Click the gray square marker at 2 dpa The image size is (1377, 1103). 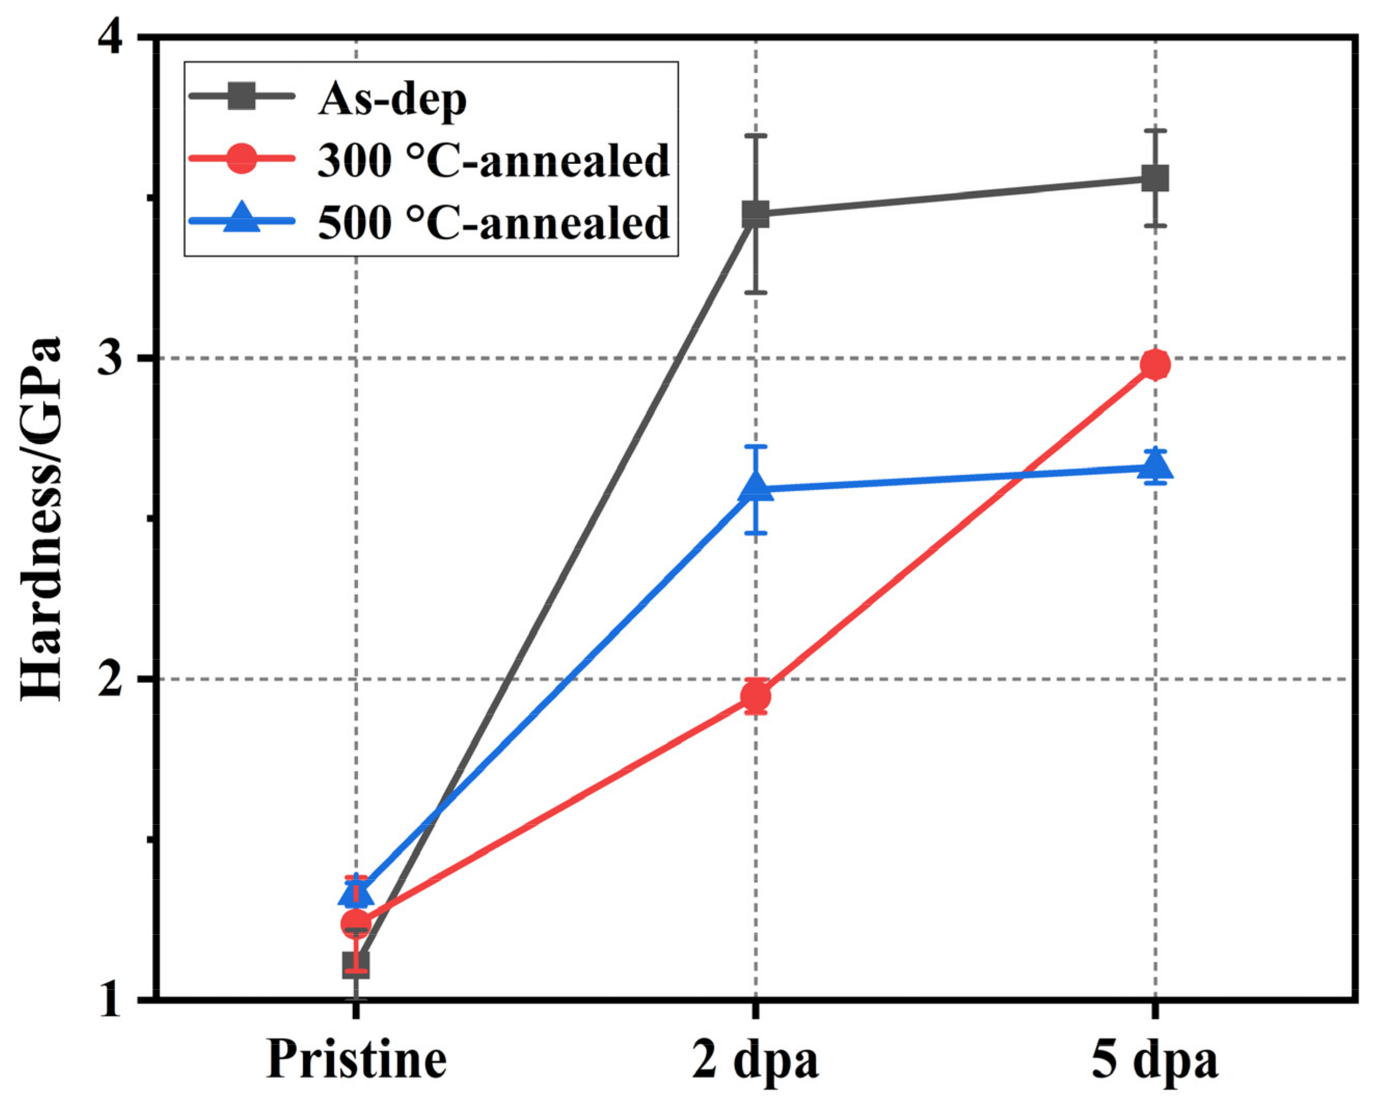pos(755,214)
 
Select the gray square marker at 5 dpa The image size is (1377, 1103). pos(1155,178)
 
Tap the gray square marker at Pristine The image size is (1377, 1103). pos(356,964)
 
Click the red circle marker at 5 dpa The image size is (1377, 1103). pos(1155,365)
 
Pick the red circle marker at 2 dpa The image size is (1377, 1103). pos(755,695)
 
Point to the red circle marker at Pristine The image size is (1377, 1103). pos(356,923)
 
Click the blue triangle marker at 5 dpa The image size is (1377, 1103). pos(1155,467)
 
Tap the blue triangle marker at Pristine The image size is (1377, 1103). pos(356,893)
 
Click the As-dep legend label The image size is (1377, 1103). pos(392,99)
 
